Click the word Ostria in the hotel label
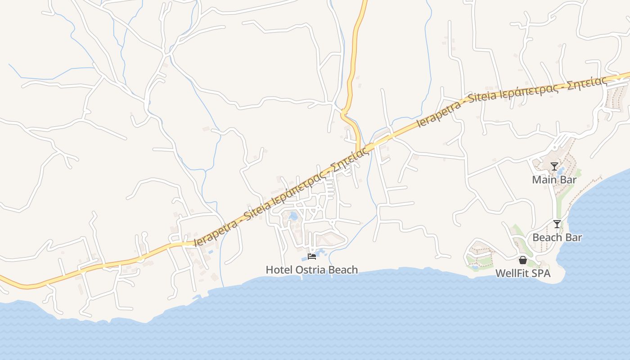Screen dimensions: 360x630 coord(310,270)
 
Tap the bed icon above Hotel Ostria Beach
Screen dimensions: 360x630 coord(311,256)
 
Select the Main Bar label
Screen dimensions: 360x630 coord(554,180)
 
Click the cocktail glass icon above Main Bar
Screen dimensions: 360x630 coord(554,166)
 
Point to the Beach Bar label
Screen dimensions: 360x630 coord(557,238)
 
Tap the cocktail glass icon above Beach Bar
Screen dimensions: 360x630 coord(557,224)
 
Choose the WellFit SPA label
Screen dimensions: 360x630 coord(523,274)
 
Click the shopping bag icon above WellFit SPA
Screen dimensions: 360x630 coord(523,260)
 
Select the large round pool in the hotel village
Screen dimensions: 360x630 coord(293,216)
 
